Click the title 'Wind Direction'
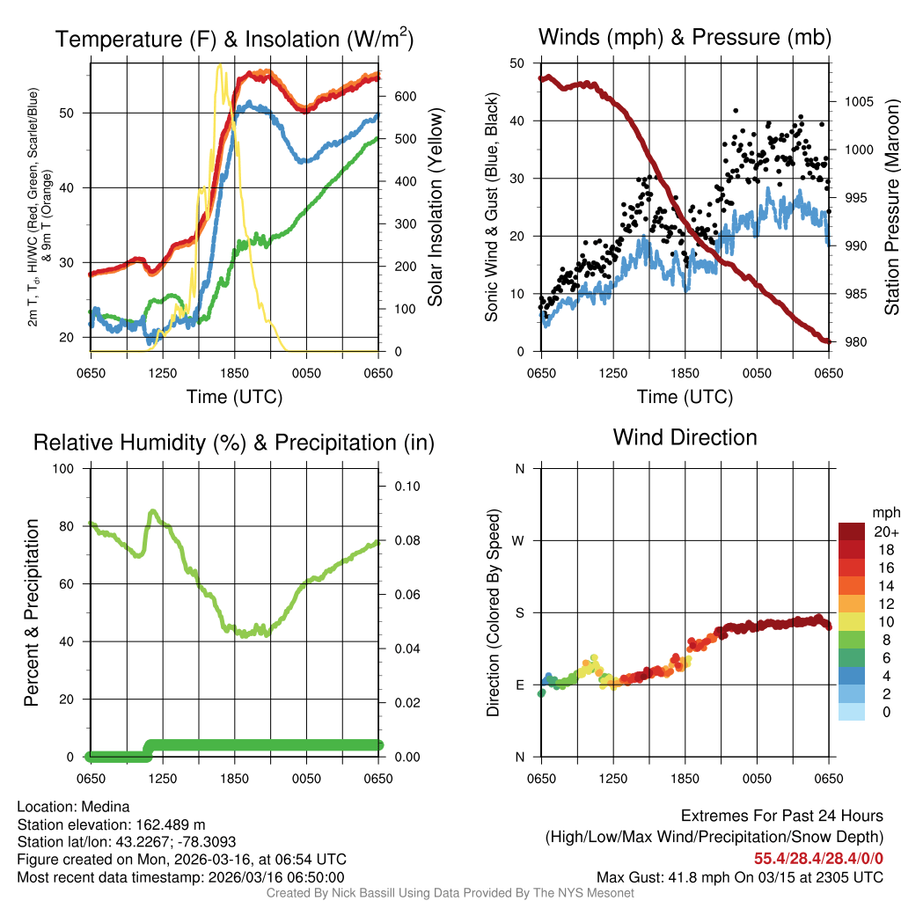[685, 437]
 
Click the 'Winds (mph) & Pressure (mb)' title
[685, 38]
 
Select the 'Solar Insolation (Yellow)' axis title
[436, 208]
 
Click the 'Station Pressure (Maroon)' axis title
[891, 208]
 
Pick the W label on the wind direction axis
[520, 540]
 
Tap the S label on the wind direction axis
[520, 612]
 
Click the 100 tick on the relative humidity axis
[67, 468]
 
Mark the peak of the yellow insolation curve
[219, 66]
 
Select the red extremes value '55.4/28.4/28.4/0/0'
[818, 858]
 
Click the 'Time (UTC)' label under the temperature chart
[235, 397]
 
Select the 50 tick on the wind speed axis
[518, 63]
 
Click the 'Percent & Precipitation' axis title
[33, 612]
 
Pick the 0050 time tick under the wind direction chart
[757, 779]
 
